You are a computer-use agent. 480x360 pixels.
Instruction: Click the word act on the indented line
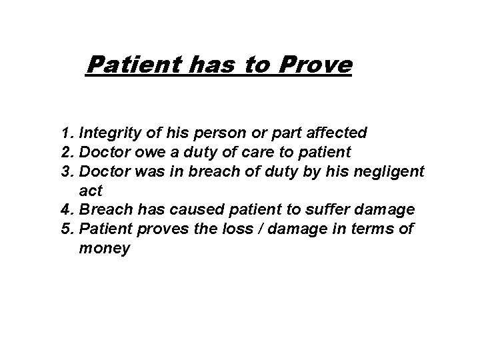click(x=90, y=191)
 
